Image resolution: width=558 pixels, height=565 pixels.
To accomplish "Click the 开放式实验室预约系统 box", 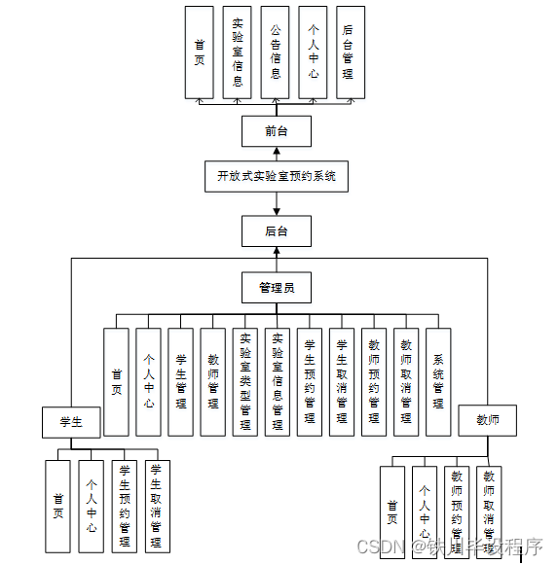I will point(277,176).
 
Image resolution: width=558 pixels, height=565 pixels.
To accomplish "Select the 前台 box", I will point(277,131).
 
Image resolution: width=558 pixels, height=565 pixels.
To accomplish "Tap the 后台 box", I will point(277,231).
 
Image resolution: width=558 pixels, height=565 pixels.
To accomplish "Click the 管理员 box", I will point(277,287).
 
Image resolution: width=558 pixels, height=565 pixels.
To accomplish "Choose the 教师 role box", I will point(487,420).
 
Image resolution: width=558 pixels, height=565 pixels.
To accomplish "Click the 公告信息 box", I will point(276,53).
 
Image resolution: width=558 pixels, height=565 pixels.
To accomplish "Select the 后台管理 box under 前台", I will point(349,53).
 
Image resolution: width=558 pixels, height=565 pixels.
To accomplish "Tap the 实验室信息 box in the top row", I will point(238,53).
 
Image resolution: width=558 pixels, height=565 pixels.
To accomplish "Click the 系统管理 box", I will point(438,381).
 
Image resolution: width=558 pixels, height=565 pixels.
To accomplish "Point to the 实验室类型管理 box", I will point(245,381).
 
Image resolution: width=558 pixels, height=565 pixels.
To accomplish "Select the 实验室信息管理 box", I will point(278,381).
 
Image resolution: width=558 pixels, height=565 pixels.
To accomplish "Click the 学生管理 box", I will point(181,381).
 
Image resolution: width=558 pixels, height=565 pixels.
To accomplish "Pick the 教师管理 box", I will point(213,381).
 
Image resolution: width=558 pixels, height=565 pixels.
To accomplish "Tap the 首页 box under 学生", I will point(58,506).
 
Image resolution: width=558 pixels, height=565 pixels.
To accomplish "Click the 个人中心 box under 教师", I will point(424,511).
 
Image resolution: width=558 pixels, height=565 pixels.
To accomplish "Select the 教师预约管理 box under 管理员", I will point(374,381).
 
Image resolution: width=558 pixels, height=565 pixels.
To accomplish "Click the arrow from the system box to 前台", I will point(277,155).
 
